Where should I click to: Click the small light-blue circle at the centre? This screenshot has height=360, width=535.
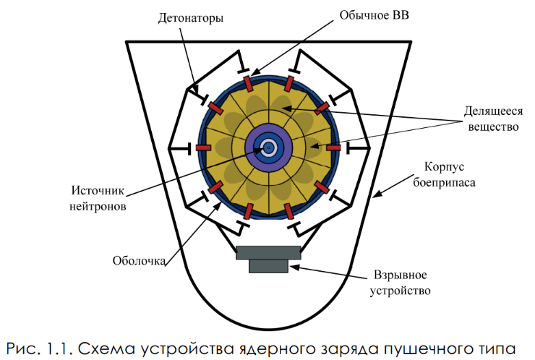[268, 147]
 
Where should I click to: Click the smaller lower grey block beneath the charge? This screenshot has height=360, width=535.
[268, 266]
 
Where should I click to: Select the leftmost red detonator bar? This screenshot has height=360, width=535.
[203, 147]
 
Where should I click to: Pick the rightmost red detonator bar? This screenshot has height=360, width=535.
[333, 147]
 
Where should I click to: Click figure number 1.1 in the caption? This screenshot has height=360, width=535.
[53, 346]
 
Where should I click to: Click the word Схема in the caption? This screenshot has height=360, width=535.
[101, 346]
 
